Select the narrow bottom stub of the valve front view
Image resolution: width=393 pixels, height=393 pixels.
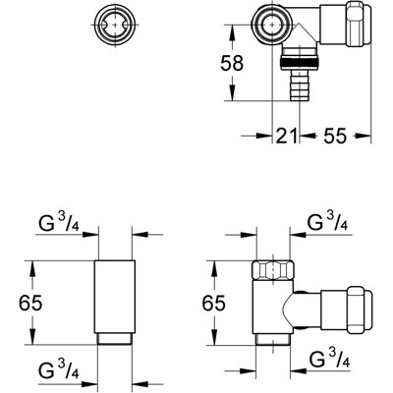[272, 340]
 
